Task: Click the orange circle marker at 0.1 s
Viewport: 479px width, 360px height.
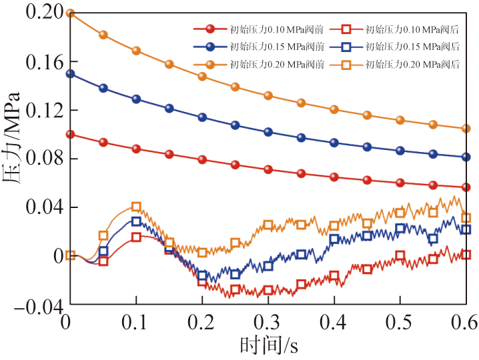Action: [136, 51]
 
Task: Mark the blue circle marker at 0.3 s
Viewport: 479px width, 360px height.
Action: [268, 132]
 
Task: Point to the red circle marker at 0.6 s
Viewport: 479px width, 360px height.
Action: [466, 187]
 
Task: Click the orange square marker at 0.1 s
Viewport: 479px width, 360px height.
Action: [136, 207]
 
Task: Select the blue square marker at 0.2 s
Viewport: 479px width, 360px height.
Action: [202, 275]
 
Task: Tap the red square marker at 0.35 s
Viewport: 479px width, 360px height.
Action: [301, 284]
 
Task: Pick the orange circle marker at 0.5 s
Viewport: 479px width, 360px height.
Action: [400, 120]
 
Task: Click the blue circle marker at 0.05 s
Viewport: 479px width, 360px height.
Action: [103, 88]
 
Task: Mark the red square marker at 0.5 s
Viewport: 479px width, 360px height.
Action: [400, 255]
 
